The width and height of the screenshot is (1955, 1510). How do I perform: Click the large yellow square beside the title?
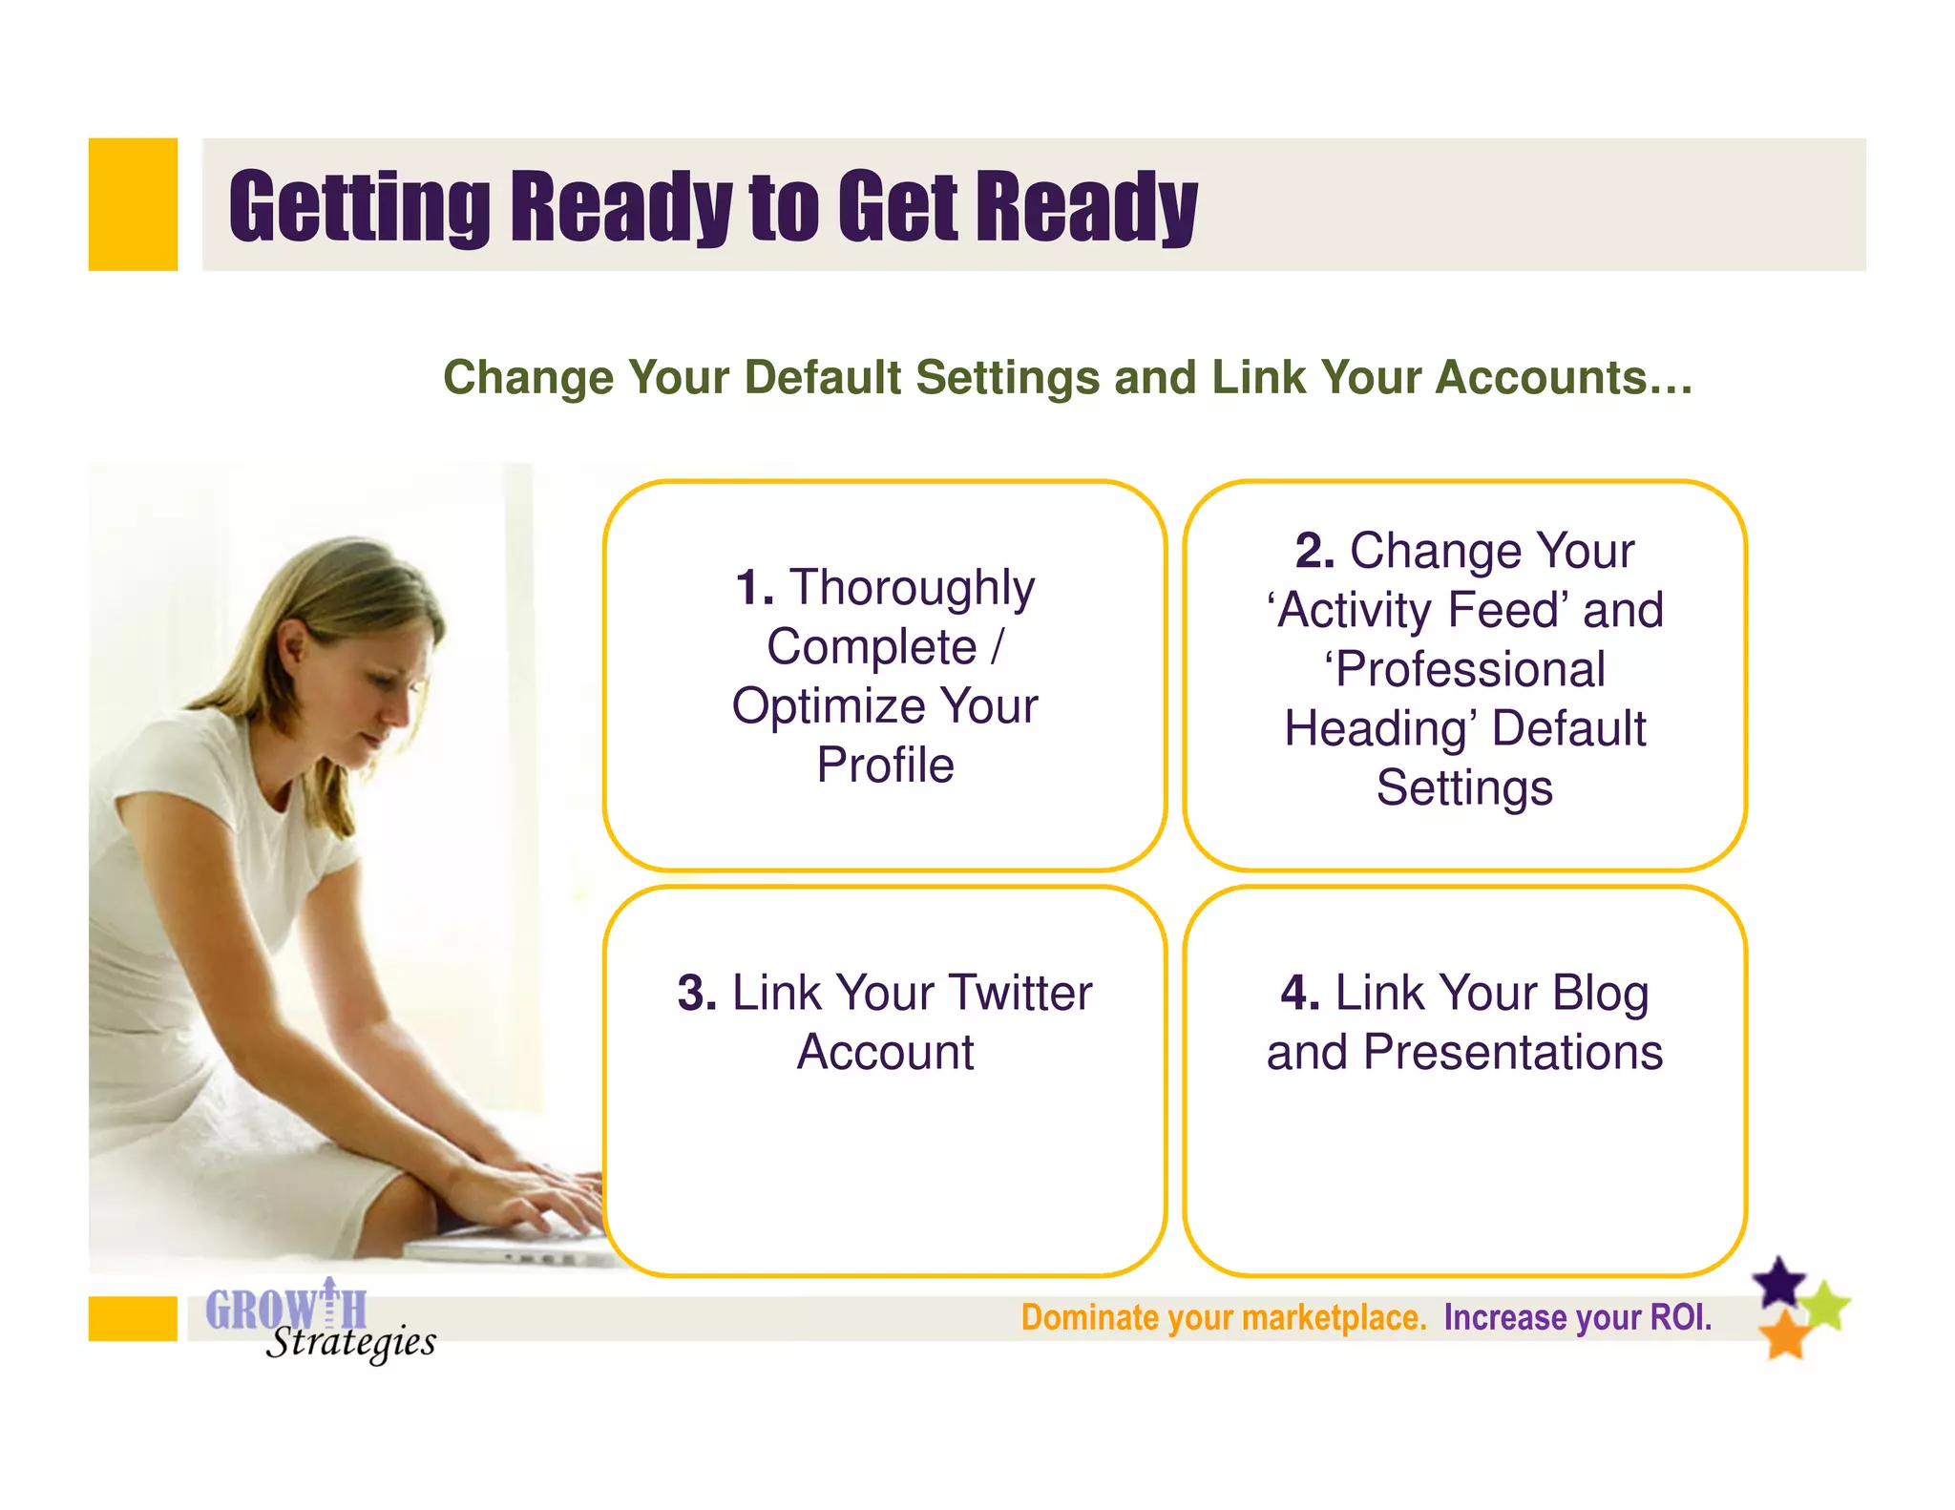coord(133,204)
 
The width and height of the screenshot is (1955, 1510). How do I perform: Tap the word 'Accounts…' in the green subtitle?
coord(1565,378)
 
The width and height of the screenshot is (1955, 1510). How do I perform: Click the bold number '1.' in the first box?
coord(754,587)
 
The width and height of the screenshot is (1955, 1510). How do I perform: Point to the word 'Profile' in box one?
coord(885,765)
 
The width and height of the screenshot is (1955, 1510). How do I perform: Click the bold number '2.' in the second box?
coord(1314,551)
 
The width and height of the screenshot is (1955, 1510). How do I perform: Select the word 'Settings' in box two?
coord(1464,788)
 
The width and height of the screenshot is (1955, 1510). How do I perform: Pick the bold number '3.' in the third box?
coord(697,993)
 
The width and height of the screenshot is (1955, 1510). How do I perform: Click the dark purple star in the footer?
coord(1780,1282)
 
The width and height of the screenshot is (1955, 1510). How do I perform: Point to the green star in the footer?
coord(1826,1306)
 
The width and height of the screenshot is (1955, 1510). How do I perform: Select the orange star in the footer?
coord(1784,1334)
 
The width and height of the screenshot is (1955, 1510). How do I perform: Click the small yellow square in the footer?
coord(133,1318)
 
